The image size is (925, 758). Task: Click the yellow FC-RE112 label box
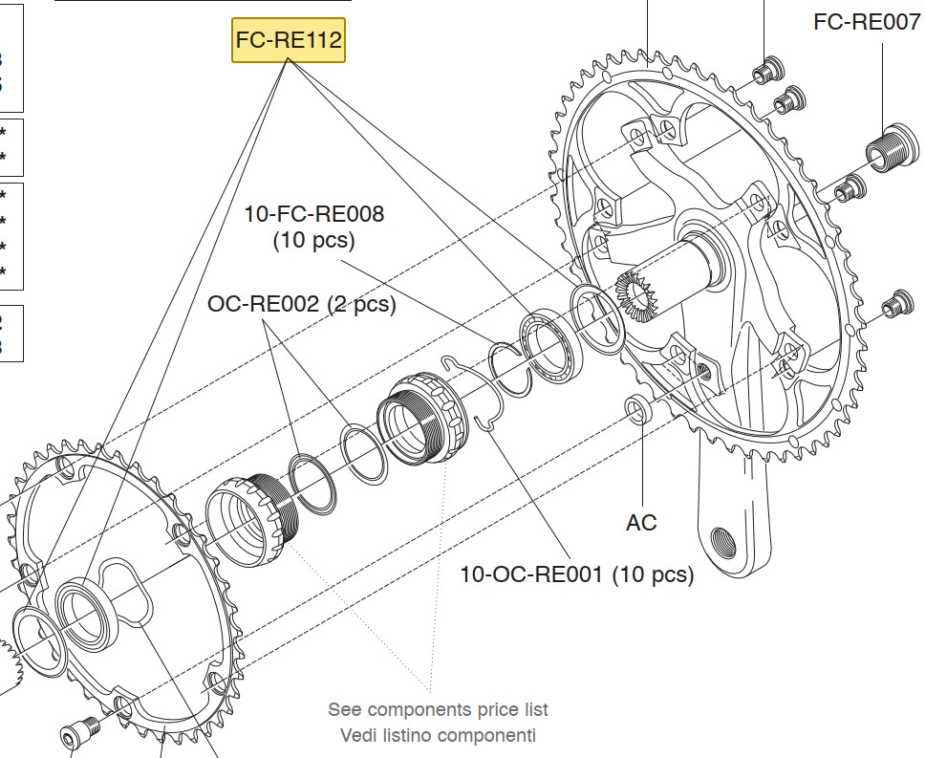[x=288, y=40]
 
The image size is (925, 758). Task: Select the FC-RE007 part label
[x=867, y=22]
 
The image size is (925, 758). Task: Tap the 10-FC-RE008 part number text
[x=314, y=214]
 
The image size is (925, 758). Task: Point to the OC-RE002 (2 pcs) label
[x=301, y=304]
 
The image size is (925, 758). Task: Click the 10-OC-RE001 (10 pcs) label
[x=576, y=574]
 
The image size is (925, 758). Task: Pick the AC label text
[x=641, y=523]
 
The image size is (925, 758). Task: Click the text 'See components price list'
[x=438, y=709]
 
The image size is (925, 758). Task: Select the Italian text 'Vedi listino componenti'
[x=438, y=735]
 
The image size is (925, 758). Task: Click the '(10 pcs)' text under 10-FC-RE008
[x=313, y=240]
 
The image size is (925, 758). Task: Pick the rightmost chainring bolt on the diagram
[x=895, y=301]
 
